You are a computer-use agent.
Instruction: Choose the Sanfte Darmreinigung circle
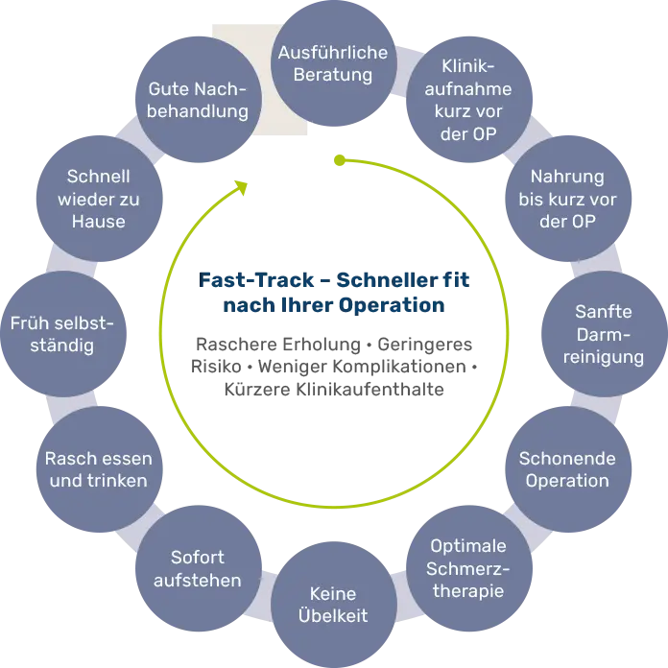[x=608, y=334]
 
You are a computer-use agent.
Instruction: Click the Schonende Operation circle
[x=566, y=468]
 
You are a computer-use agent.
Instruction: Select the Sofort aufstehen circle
[x=197, y=568]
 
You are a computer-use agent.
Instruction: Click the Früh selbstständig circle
[x=60, y=334]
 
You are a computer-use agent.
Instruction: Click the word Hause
[x=97, y=221]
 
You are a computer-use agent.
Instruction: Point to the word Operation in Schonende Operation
[x=566, y=480]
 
